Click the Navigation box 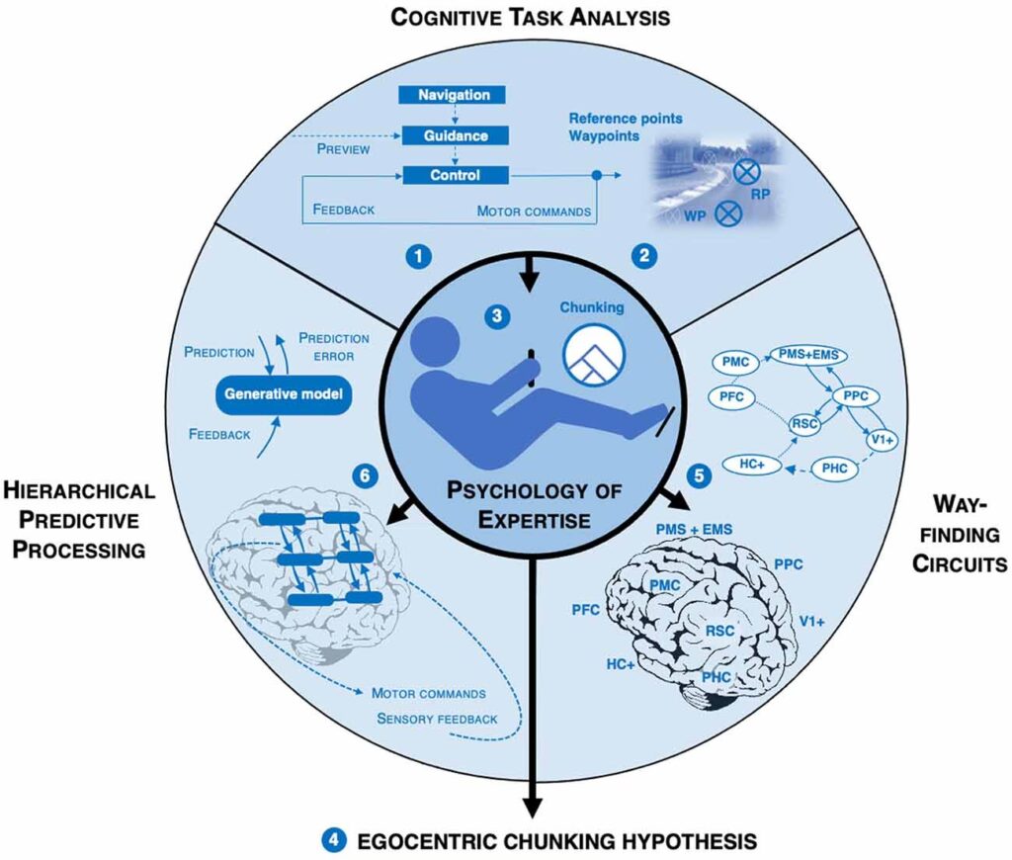(453, 95)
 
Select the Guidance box (453, 134)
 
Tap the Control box (453, 175)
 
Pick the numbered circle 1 (419, 257)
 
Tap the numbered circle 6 (365, 476)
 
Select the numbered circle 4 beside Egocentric (333, 841)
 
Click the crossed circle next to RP (745, 175)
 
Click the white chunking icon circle (592, 356)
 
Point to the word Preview (344, 150)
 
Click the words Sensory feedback (437, 718)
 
